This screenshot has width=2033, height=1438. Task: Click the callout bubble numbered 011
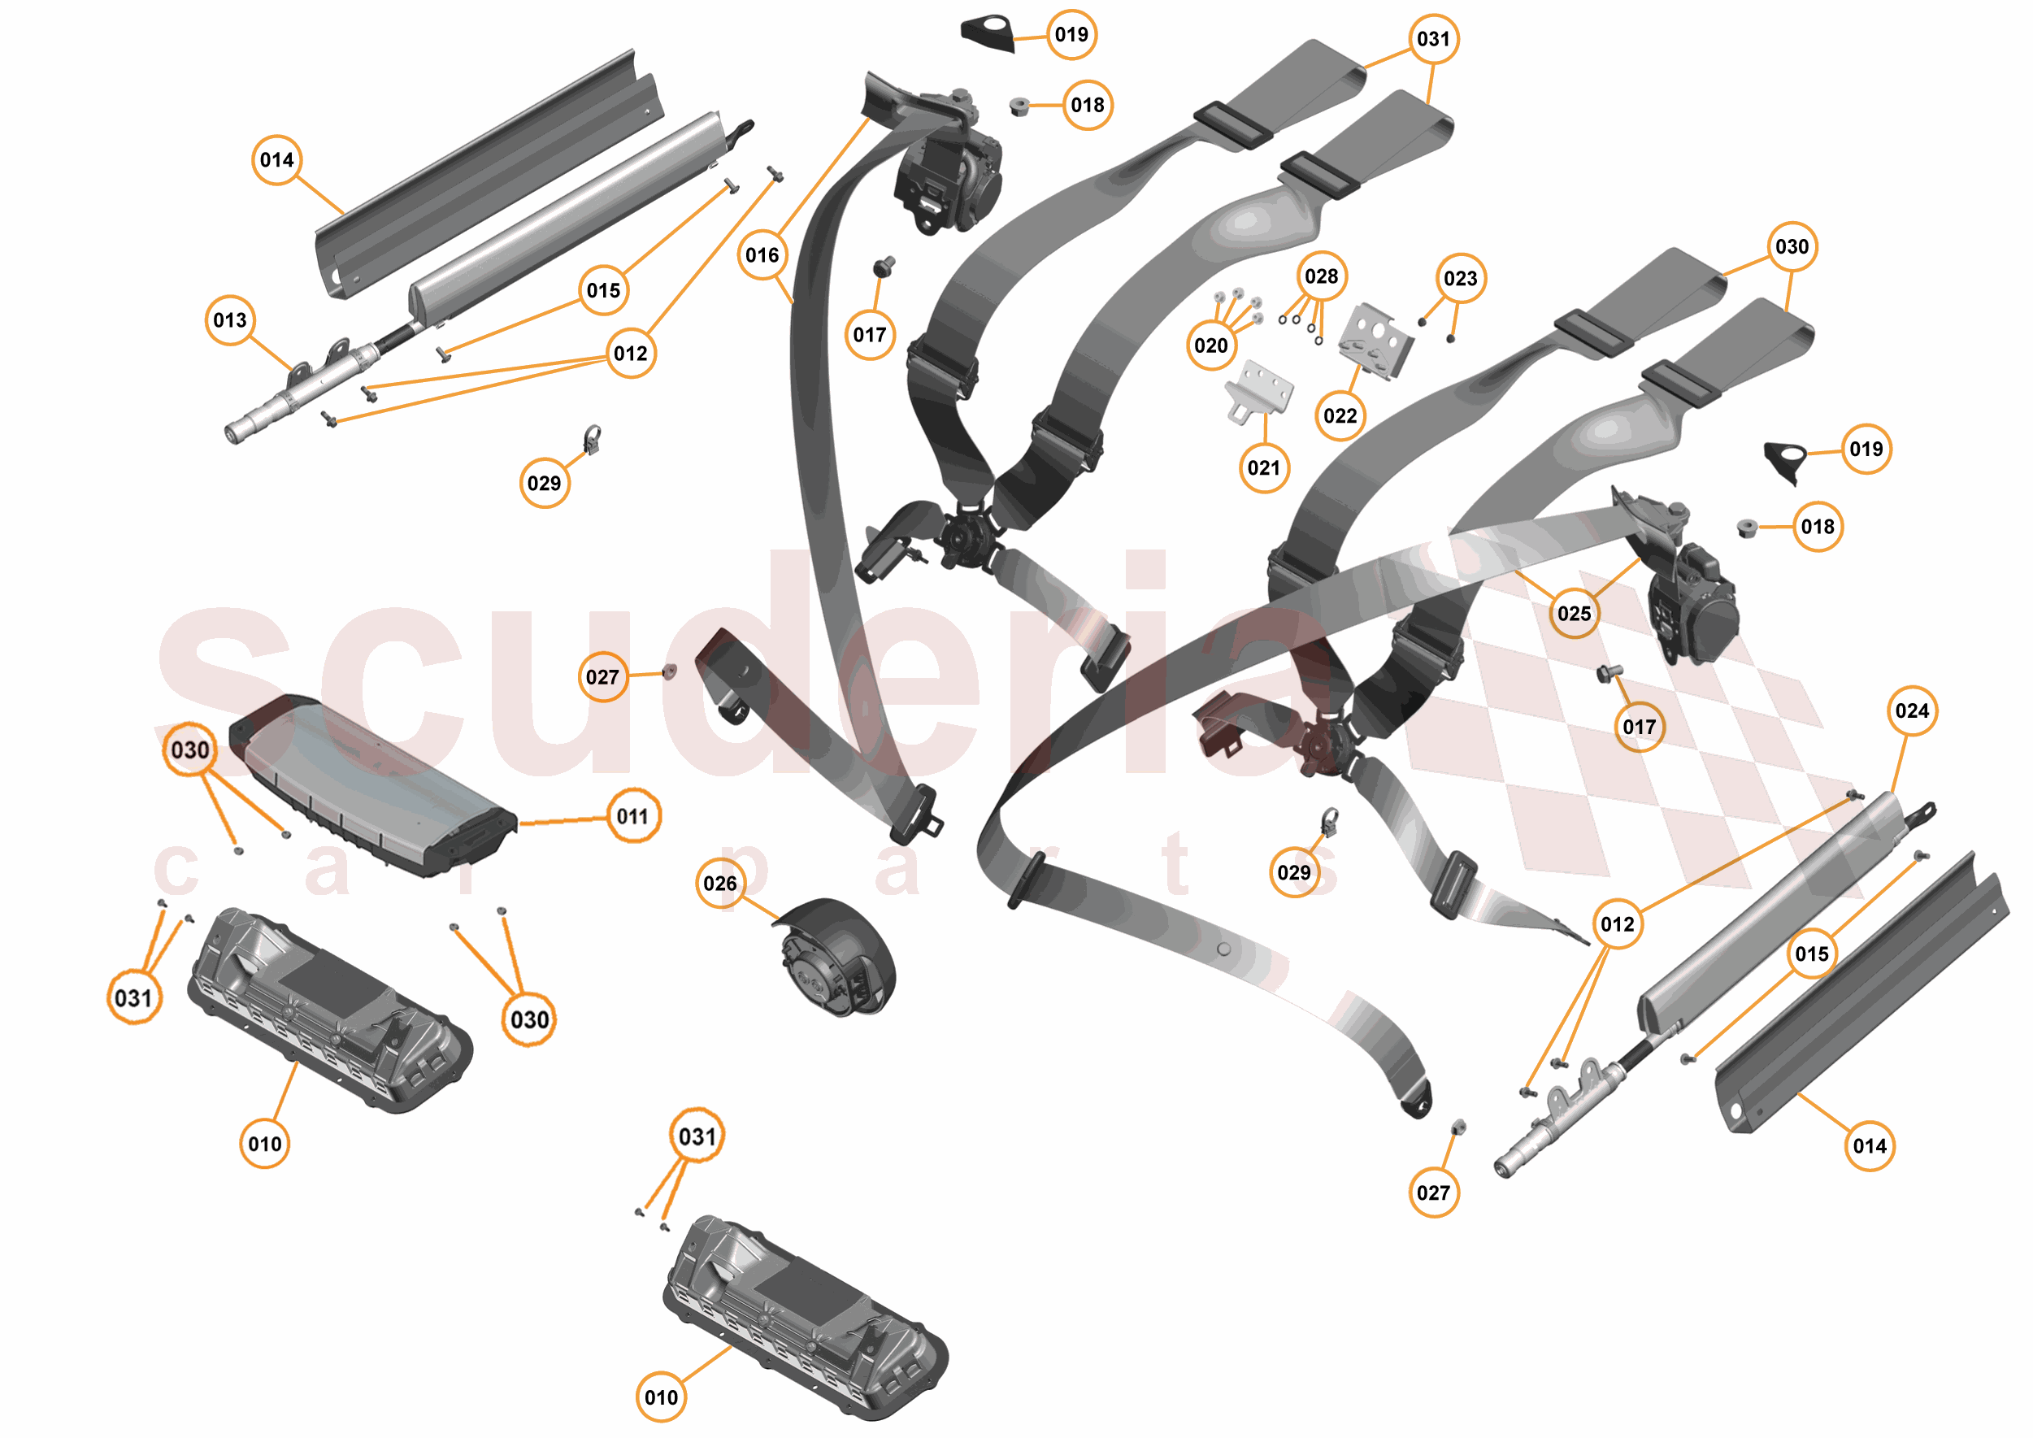pos(632,815)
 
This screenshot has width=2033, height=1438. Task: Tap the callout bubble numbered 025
pos(1574,613)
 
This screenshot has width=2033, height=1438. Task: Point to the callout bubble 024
pos(1912,710)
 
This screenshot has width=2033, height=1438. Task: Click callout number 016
pos(762,255)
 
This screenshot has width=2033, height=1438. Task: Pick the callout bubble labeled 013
pos(229,319)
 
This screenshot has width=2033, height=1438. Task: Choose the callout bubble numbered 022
pos(1340,415)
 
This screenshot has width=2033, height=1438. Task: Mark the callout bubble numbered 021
pos(1262,467)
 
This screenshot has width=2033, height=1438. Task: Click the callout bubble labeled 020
pos(1210,345)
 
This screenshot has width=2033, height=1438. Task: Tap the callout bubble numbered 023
pos(1460,278)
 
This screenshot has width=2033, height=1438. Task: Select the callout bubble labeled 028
pos(1321,276)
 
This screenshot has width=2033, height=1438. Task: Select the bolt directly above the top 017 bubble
pos(884,266)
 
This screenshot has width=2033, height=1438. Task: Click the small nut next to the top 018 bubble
pos(1019,107)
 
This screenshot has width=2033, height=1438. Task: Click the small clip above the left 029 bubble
pos(592,439)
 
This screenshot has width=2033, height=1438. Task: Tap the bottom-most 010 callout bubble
pos(661,1397)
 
